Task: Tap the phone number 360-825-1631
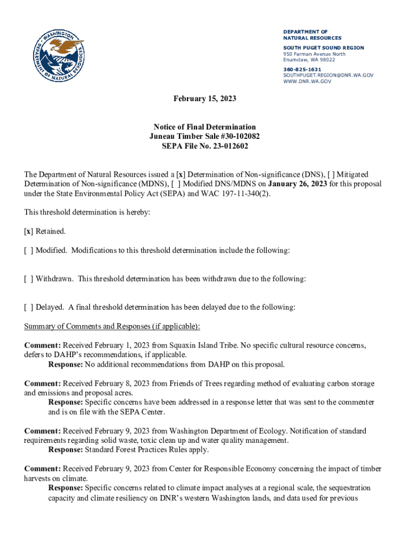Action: [302, 69]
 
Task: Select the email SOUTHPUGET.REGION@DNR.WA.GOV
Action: [328, 76]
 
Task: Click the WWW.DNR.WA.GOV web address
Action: [307, 81]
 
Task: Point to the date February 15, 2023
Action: [204, 99]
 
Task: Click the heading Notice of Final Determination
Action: [204, 127]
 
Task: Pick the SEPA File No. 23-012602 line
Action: [204, 146]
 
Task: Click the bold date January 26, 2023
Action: [298, 184]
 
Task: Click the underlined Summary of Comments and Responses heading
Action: [112, 326]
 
